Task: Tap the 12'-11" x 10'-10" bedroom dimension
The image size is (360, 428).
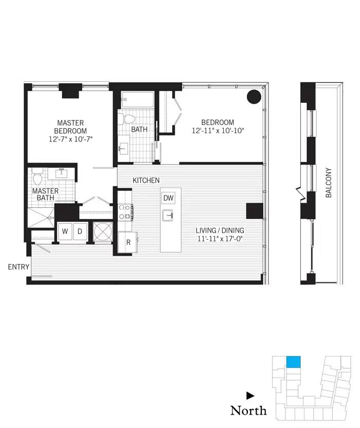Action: [217, 131]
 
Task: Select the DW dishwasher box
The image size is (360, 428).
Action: [168, 198]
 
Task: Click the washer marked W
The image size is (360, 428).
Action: [65, 231]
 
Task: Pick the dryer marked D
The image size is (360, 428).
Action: [80, 231]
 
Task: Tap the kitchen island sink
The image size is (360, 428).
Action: [168, 215]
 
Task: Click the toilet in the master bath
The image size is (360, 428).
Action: [37, 178]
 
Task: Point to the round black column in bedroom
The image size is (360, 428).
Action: [254, 97]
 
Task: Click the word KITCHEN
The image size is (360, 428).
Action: [146, 181]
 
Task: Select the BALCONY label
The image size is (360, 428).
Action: [328, 183]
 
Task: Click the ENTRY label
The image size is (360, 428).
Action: [17, 267]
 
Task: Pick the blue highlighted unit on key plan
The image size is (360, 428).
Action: [293, 362]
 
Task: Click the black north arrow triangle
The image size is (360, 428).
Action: [250, 396]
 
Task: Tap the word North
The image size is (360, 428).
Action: [248, 411]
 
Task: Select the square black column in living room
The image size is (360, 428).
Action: [254, 211]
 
